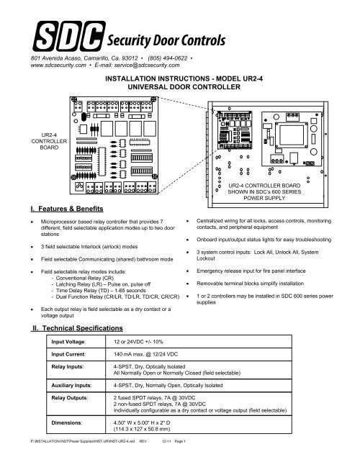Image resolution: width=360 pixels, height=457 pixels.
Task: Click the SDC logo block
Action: pyautogui.click(x=64, y=36)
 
